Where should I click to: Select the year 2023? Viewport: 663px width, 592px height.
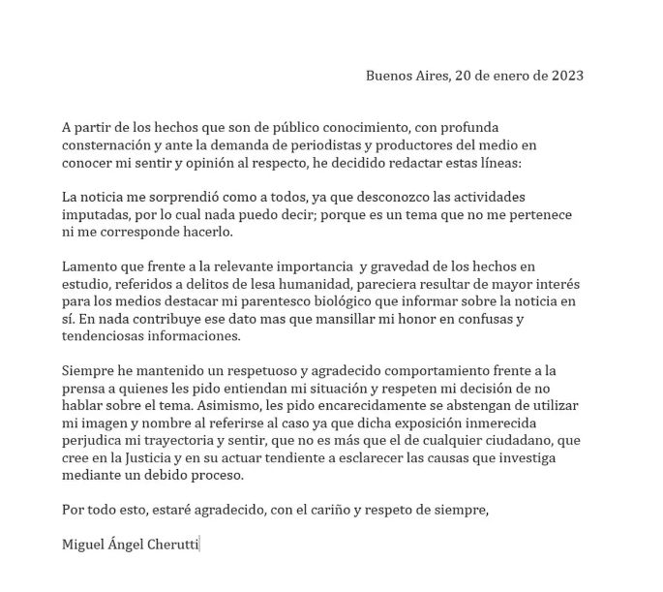coord(564,75)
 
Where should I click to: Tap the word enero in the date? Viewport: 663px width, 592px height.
coord(501,75)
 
